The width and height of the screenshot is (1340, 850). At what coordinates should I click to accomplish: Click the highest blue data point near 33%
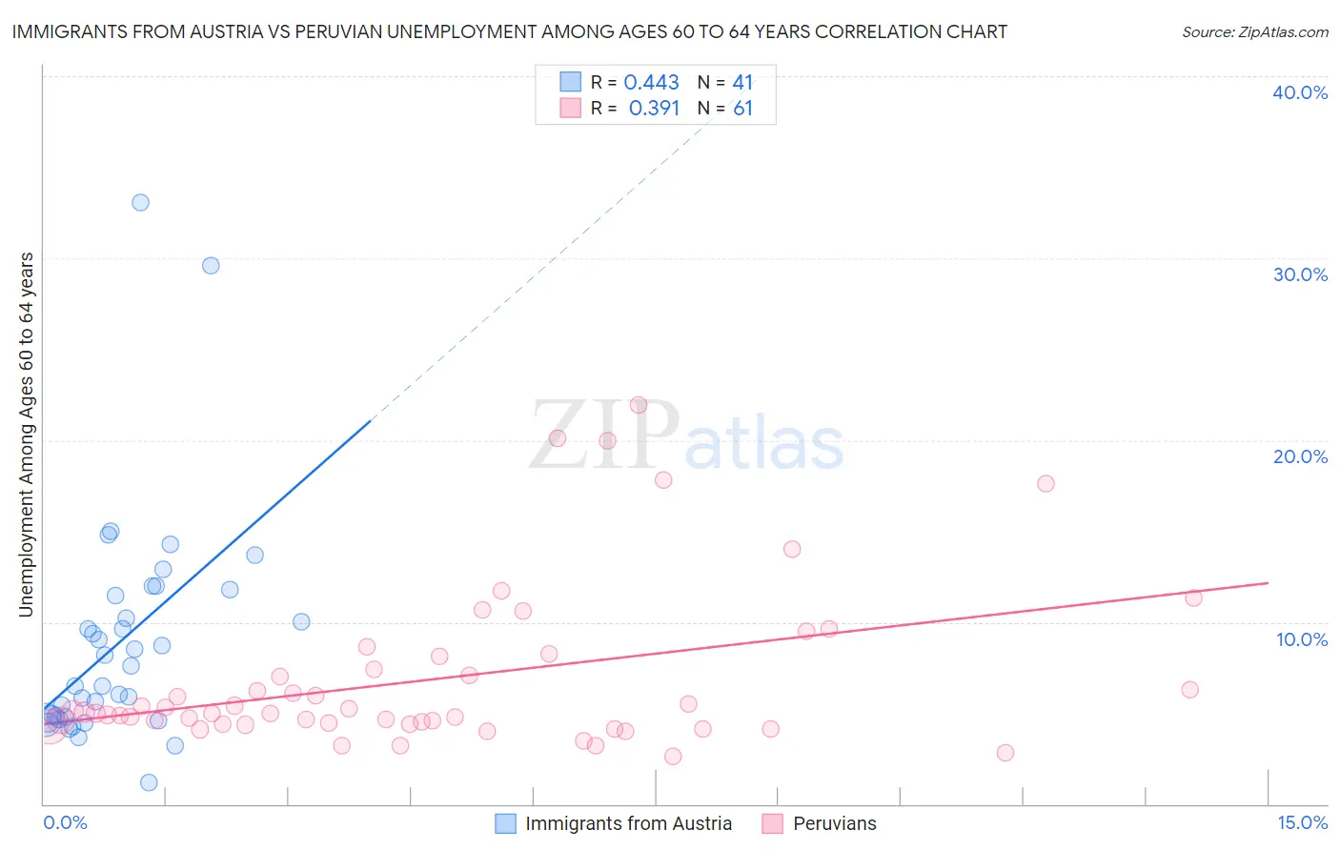click(140, 202)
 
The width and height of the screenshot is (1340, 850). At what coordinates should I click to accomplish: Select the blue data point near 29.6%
click(211, 266)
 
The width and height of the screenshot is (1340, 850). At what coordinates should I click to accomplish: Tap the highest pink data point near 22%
click(639, 405)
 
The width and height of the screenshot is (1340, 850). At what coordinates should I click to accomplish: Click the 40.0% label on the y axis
click(1300, 92)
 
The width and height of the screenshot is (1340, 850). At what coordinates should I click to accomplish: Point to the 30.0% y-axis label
click(1300, 274)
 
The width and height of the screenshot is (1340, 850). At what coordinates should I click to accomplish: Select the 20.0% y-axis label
click(1300, 456)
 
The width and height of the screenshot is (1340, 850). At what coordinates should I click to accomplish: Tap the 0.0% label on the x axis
click(65, 822)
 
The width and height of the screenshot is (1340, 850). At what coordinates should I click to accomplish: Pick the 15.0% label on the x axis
click(1302, 822)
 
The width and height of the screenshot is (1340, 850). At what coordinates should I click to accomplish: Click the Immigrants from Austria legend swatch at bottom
click(505, 823)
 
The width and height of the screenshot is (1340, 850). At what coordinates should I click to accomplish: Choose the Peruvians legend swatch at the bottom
click(773, 823)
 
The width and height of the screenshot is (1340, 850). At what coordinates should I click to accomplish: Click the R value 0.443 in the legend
click(651, 83)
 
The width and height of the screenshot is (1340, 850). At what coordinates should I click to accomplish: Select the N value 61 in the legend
click(742, 109)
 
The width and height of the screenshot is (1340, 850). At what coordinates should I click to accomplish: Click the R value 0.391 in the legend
click(654, 109)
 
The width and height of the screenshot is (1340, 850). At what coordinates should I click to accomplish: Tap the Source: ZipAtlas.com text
click(1254, 32)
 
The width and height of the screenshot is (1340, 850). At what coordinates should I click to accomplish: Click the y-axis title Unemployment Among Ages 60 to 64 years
click(27, 435)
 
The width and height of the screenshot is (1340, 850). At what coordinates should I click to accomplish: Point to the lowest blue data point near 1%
click(149, 782)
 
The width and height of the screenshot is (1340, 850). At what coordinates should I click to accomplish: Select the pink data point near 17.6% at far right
click(1046, 483)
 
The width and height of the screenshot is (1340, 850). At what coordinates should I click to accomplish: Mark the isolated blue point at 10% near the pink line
click(301, 621)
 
